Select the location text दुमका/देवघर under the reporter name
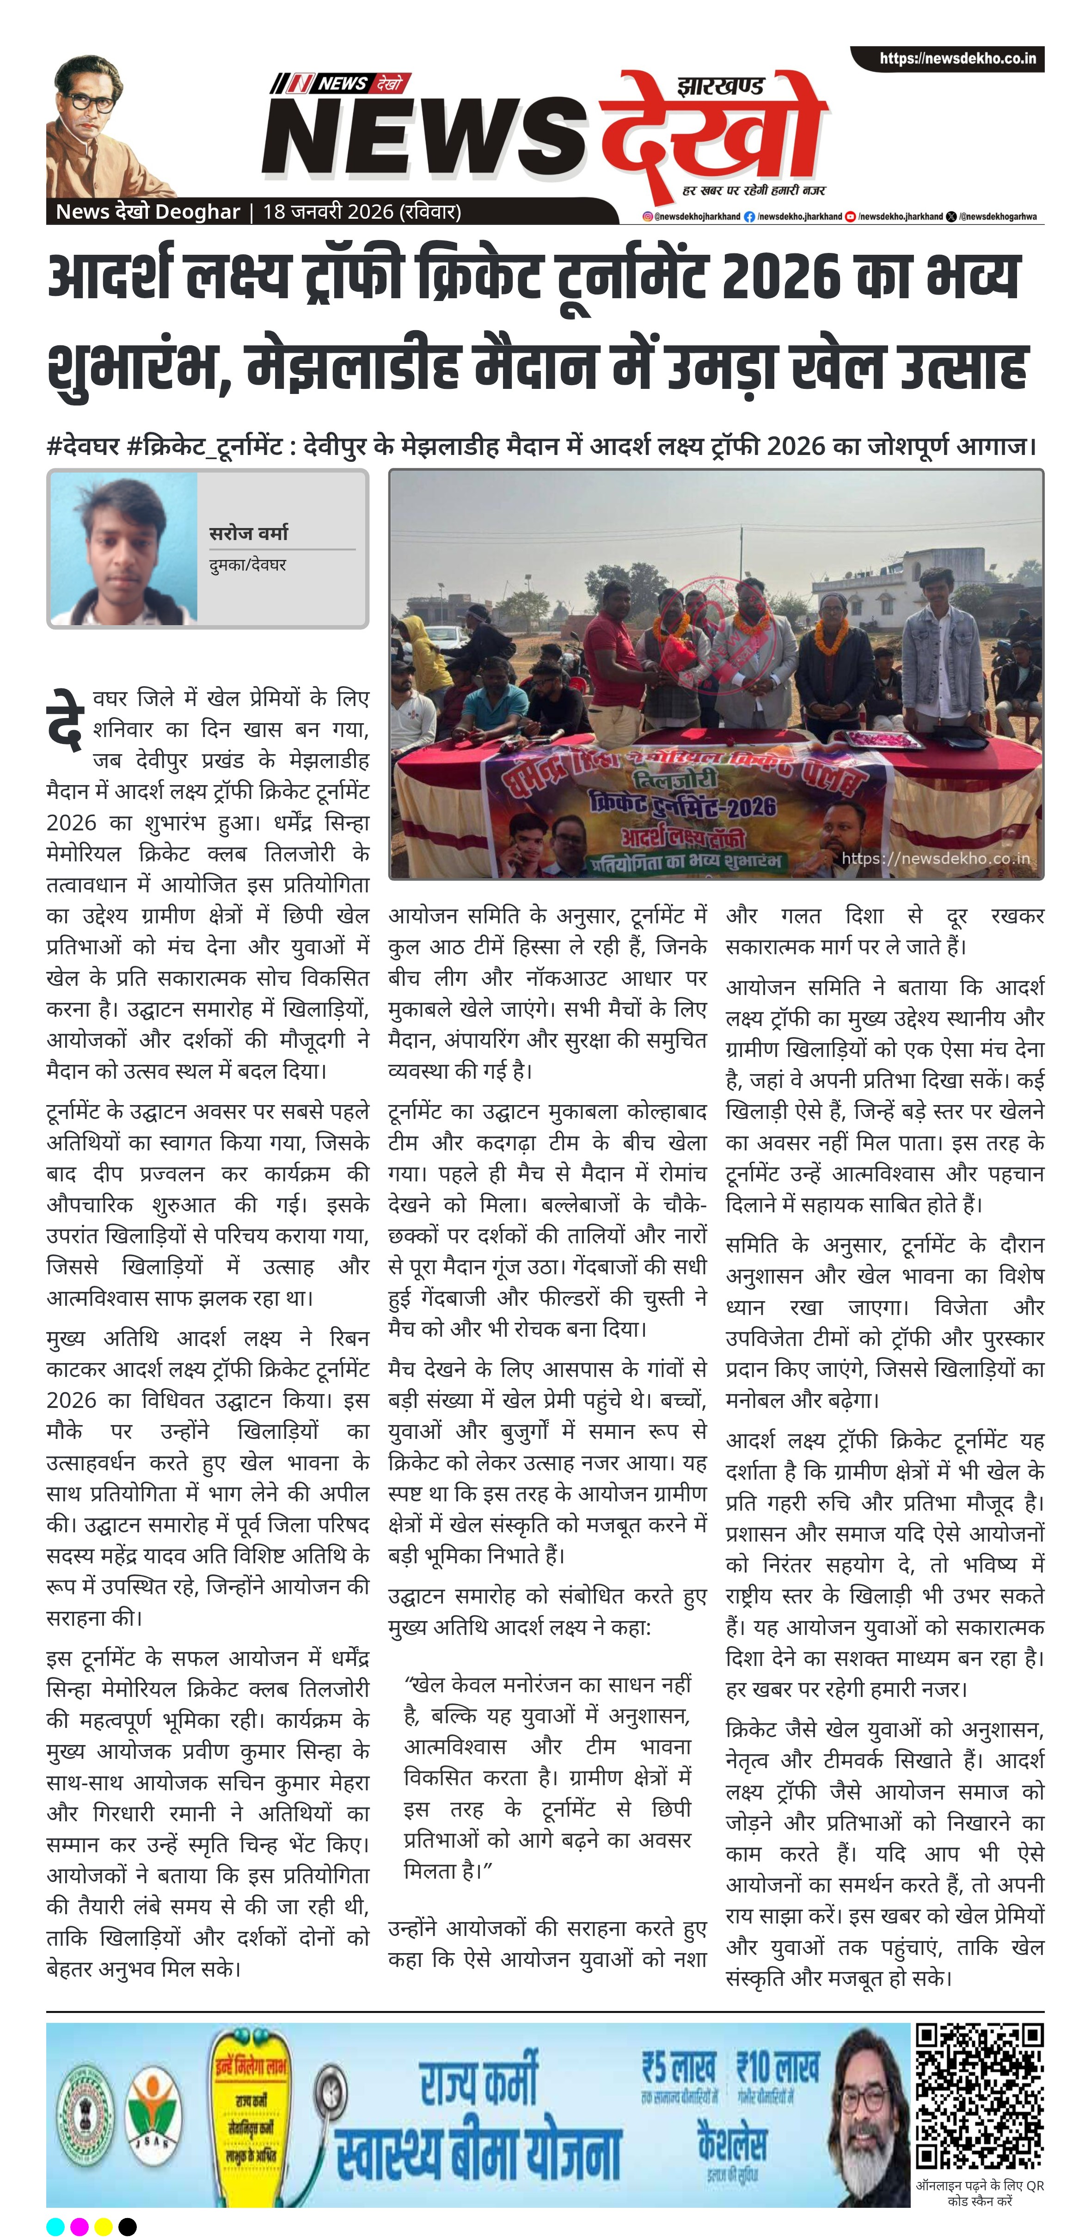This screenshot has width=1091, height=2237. coord(247,565)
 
